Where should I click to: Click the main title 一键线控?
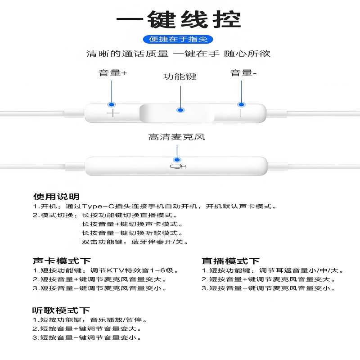179,19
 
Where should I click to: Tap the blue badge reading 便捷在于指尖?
178,40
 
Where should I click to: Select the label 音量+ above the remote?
113,73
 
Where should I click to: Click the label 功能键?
180,76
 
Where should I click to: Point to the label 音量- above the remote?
243,73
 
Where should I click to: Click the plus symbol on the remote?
112,113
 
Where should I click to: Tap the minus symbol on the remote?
241,112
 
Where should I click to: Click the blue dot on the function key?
180,110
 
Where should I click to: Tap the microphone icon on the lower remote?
178,167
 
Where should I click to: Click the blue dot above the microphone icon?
177,160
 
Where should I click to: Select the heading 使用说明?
56,197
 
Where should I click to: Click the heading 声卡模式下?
62,261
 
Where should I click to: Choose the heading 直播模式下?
230,261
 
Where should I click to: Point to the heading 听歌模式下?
61,310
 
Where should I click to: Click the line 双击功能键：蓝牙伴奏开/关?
135,242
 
